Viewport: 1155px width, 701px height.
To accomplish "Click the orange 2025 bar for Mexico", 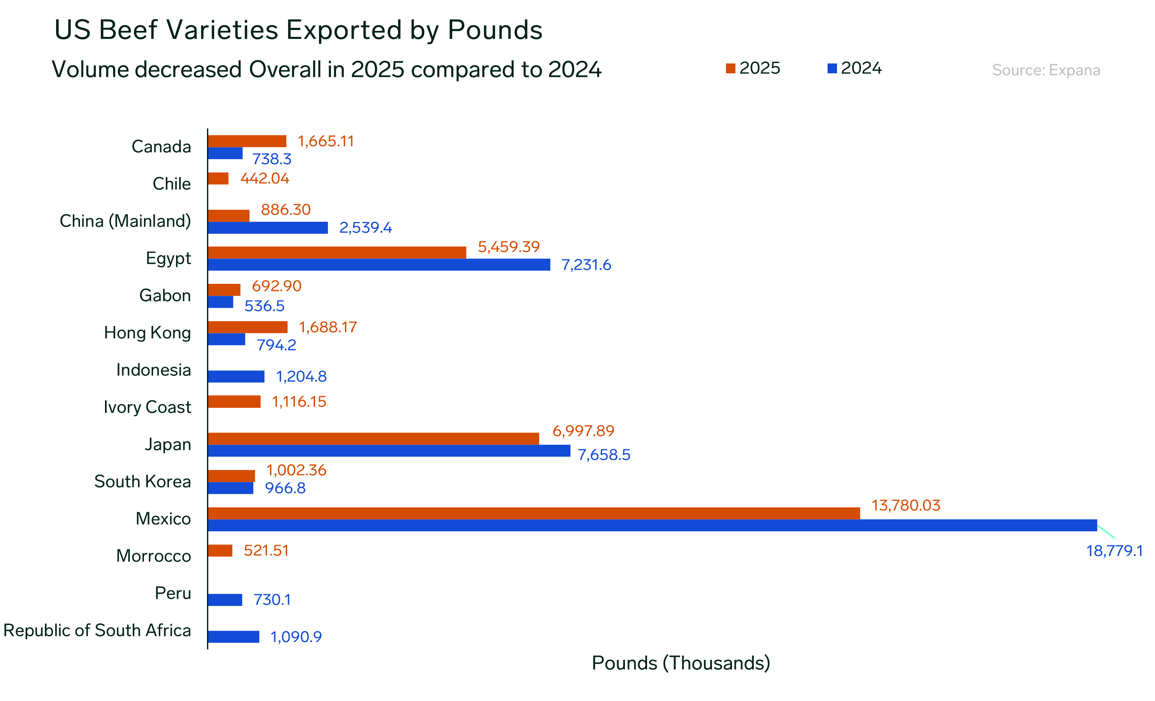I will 534,513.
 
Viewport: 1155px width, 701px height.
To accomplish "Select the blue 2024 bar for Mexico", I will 651,525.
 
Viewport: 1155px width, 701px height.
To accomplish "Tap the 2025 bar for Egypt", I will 336,252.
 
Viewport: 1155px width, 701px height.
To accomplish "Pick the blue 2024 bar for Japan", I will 389,451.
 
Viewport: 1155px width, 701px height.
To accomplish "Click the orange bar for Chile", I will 218,179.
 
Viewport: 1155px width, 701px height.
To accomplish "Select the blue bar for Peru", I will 225,600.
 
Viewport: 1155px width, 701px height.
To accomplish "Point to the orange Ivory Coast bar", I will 234,401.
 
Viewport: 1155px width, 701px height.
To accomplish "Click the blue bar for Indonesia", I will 236,376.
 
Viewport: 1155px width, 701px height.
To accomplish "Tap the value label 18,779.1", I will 1114,551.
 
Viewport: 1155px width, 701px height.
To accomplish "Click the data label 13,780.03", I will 906,505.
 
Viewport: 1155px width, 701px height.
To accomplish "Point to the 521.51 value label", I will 266,551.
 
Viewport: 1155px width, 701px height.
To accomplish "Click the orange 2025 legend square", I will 730,69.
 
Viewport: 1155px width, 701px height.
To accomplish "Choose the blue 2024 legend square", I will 832,69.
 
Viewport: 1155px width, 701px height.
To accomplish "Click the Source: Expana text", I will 1046,70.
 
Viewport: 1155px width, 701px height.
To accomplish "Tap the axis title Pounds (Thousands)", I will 681,663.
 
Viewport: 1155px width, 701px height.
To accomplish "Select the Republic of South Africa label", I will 97,630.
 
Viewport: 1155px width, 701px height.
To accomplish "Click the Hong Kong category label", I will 147,333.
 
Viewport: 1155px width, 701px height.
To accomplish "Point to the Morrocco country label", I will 153,556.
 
